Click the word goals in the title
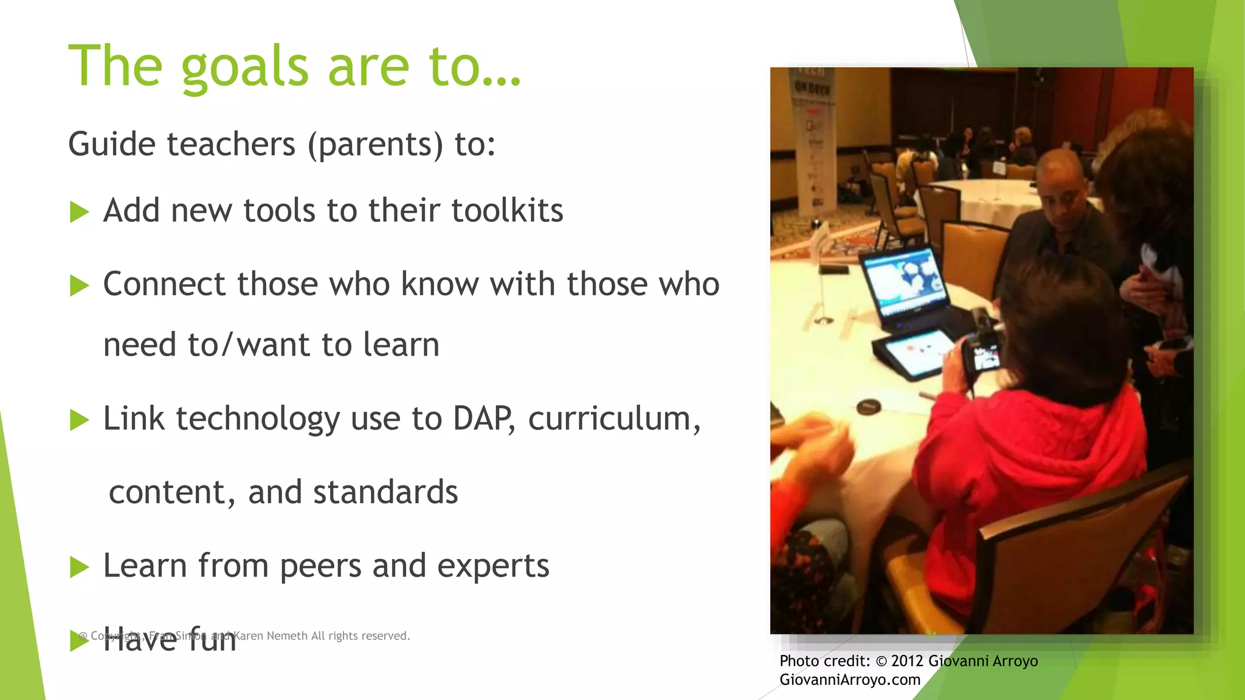244,67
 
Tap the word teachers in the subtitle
231,145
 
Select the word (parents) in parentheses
375,145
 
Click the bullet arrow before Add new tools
80,213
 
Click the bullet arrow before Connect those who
80,286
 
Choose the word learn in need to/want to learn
401,345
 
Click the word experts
492,566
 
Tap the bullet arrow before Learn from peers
80,567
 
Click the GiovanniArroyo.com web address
850,680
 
